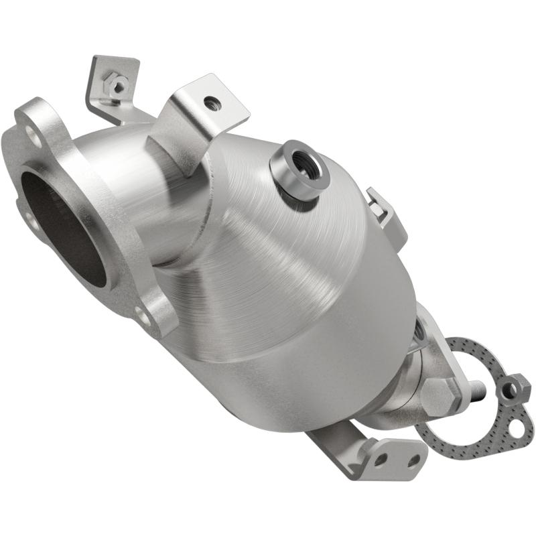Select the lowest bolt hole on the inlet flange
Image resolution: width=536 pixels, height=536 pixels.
(x=141, y=314)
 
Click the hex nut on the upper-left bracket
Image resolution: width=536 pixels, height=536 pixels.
(x=119, y=86)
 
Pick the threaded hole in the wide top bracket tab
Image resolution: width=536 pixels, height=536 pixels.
(x=212, y=103)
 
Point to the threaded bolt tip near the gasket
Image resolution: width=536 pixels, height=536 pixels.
(x=477, y=389)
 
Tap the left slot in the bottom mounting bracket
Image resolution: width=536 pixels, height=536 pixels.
(x=381, y=460)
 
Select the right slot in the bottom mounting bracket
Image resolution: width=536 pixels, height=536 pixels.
(x=415, y=460)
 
